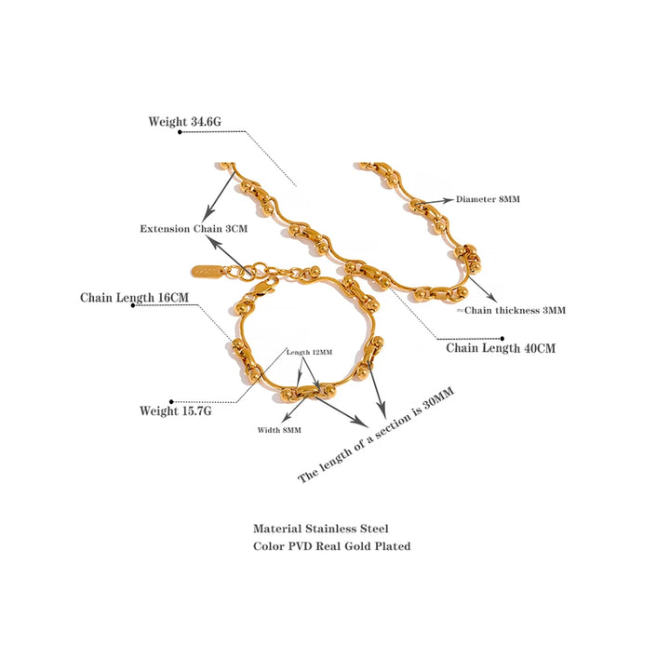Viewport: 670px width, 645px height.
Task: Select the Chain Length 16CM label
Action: point(134,298)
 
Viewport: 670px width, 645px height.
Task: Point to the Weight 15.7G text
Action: point(175,410)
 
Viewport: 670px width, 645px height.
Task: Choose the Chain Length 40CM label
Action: point(501,348)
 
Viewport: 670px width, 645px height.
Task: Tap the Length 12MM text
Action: point(309,352)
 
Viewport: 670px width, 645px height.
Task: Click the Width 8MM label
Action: point(279,430)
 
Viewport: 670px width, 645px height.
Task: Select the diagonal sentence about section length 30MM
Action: point(375,436)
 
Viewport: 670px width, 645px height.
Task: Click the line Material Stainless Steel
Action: point(320,528)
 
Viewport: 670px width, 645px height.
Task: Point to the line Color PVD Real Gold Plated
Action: point(331,546)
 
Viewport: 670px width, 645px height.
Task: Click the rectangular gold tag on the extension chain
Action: point(207,272)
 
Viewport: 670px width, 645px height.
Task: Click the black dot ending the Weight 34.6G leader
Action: point(180,132)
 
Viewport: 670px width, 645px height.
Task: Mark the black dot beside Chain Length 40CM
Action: point(502,339)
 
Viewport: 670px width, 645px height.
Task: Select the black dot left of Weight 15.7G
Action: point(171,402)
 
